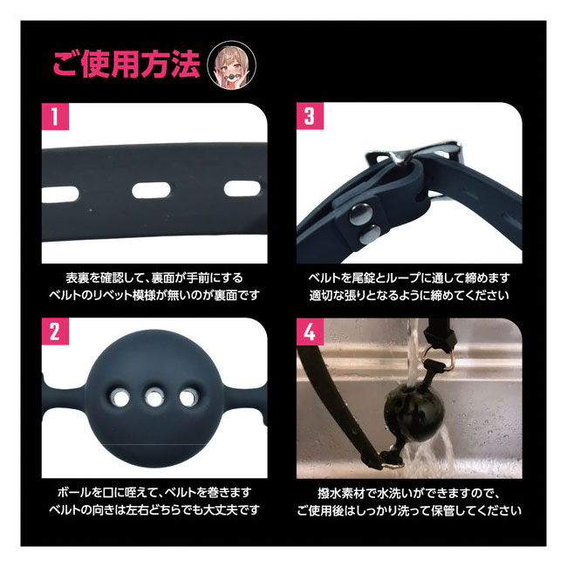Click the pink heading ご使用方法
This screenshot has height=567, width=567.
point(126,65)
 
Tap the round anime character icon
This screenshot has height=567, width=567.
point(231,65)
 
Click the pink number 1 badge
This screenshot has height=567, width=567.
point(55,116)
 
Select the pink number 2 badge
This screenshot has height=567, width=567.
point(55,331)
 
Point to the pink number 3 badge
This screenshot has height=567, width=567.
point(310,116)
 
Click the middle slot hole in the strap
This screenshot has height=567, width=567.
point(151,190)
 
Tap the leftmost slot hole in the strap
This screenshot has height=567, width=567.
point(60,195)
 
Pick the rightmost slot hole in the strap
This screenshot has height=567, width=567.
point(243,188)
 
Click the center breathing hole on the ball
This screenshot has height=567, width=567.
point(154,398)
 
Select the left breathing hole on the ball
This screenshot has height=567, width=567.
point(120,399)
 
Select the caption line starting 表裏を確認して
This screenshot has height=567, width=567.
point(154,277)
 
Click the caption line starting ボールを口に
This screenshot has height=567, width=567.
point(154,492)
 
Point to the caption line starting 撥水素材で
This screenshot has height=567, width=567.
point(409,493)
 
